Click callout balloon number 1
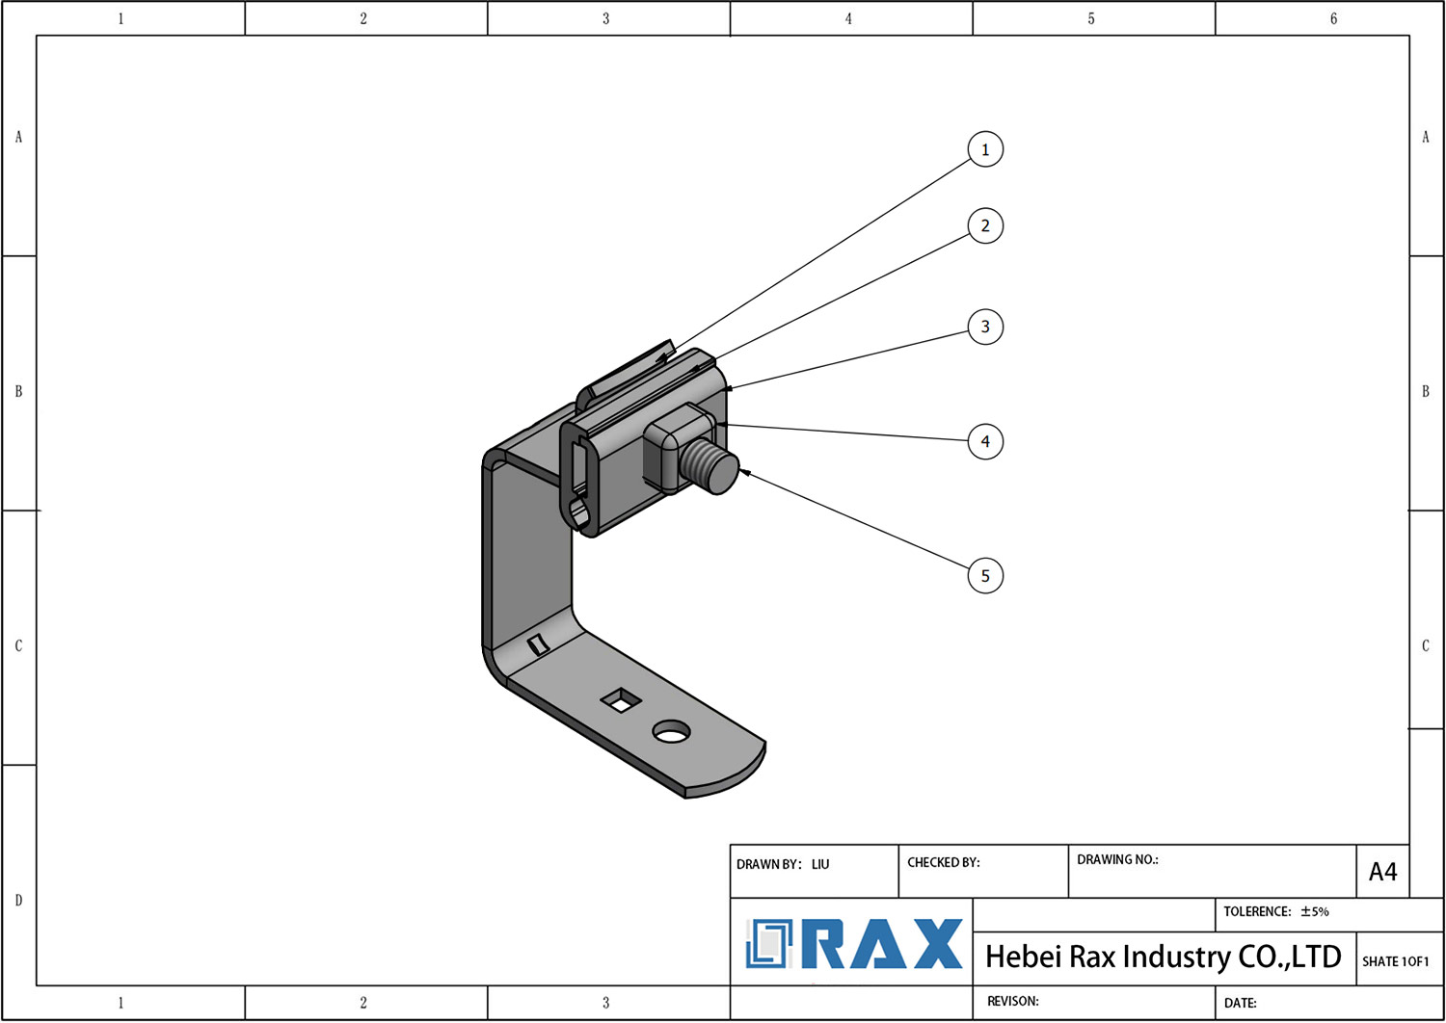tap(984, 149)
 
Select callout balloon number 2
tap(984, 225)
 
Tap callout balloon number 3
tap(984, 327)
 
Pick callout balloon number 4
tap(984, 441)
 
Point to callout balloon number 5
tap(984, 576)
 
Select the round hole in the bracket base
tap(671, 732)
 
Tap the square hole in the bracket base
tap(622, 700)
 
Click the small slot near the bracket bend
tap(539, 643)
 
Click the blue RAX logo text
tap(882, 944)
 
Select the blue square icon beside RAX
tap(768, 944)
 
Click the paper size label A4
tap(1382, 872)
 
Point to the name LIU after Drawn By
tap(820, 864)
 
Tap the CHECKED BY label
tap(943, 862)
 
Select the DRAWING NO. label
tap(1116, 859)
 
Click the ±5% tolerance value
tap(1315, 911)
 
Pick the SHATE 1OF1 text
tap(1395, 961)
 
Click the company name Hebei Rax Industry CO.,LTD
tap(1163, 957)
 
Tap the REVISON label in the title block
tap(1012, 1001)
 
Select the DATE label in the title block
tap(1240, 1003)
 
